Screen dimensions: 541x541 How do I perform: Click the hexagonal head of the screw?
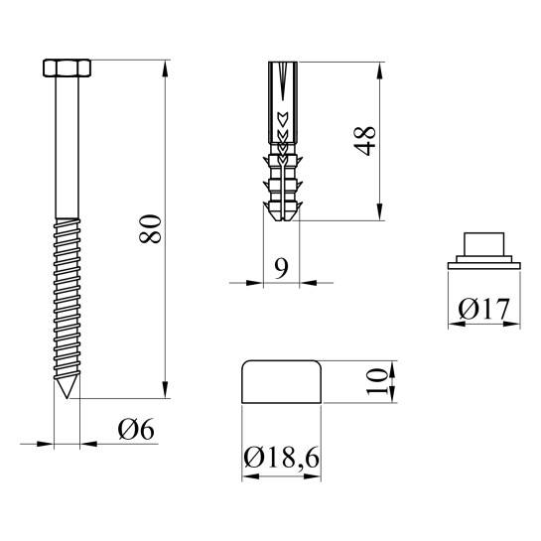67,68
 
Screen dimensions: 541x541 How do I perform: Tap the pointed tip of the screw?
67,398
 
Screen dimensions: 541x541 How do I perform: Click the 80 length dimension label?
150,229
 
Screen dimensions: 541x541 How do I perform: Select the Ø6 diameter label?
136,429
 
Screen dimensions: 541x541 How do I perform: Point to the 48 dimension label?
364,141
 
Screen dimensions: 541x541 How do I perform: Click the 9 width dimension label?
281,268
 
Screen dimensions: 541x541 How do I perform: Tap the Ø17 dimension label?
483,309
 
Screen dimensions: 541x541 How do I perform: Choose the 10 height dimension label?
377,381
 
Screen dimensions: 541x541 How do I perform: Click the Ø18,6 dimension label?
281,458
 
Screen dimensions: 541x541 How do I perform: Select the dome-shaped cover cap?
282,381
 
